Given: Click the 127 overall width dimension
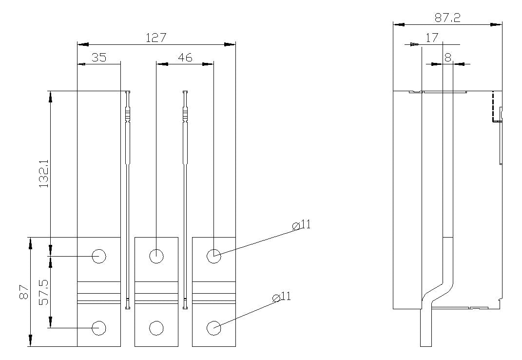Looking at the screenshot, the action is [x=156, y=38].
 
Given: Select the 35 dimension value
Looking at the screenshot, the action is [x=99, y=58].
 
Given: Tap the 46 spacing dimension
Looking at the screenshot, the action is [x=185, y=58].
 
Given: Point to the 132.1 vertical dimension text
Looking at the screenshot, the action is [x=43, y=173].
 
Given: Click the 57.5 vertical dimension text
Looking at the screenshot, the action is [x=43, y=292].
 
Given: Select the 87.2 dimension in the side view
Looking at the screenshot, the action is [x=447, y=18].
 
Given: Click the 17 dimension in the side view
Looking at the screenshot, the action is [x=432, y=38].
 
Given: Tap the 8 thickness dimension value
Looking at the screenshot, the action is [x=448, y=58].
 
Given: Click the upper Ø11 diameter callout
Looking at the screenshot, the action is [x=301, y=225].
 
